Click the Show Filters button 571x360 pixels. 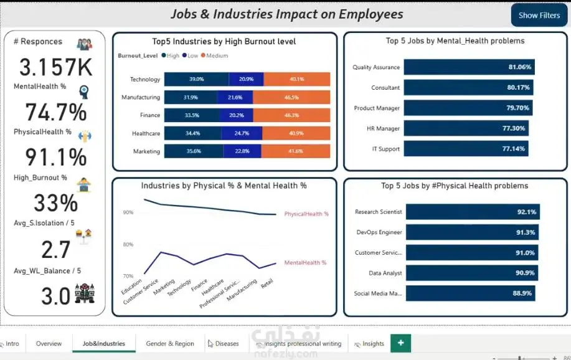point(539,15)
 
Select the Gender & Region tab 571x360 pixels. point(170,343)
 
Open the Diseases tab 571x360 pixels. point(223,343)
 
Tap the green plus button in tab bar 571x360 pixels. point(400,343)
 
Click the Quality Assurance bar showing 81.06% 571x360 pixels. point(469,67)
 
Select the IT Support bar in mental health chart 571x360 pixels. point(466,149)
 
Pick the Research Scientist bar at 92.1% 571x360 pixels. point(473,212)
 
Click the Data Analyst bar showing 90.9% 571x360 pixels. point(472,273)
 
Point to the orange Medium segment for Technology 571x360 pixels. point(297,79)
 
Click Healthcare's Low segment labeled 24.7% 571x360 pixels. point(242,133)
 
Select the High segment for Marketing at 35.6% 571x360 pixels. point(194,151)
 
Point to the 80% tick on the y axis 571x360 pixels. point(128,244)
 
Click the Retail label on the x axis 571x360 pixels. point(267,283)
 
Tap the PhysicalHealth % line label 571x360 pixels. point(306,214)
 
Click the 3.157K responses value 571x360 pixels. point(55,67)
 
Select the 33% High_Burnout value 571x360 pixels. point(55,203)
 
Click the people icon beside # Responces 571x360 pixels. point(85,44)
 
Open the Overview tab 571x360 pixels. point(49,343)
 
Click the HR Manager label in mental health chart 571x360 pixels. point(383,129)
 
